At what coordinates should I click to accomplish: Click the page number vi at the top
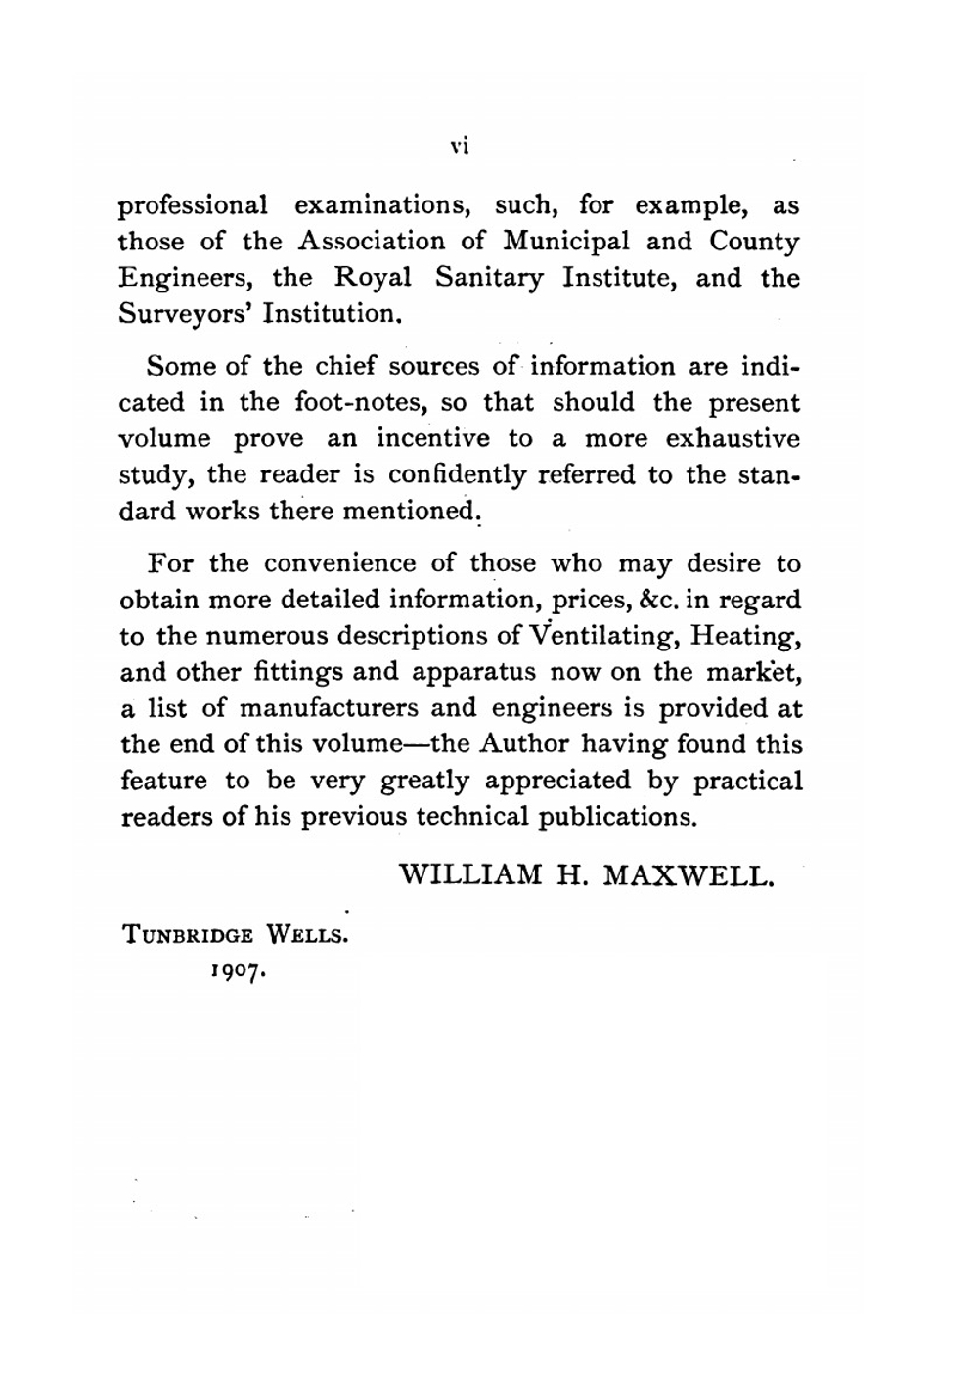coord(461,147)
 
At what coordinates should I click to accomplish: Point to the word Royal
coord(373,278)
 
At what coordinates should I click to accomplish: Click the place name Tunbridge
coord(187,934)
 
